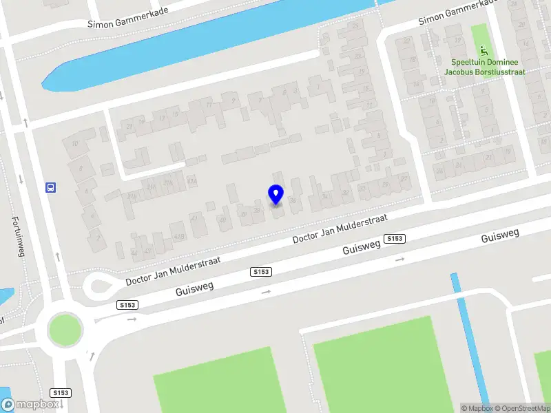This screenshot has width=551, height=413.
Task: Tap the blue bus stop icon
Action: pyautogui.click(x=50, y=187)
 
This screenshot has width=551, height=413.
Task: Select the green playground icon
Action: pyautogui.click(x=484, y=50)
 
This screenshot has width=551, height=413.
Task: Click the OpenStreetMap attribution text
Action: pyautogui.click(x=523, y=408)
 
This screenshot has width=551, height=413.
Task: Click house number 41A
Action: pyautogui.click(x=192, y=182)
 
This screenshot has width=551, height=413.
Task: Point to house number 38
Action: pyautogui.click(x=257, y=210)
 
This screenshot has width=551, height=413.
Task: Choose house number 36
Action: pyautogui.click(x=293, y=200)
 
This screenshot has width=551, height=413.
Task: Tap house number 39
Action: pyautogui.click(x=242, y=214)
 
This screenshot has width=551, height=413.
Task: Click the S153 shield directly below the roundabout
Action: pyautogui.click(x=61, y=392)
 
